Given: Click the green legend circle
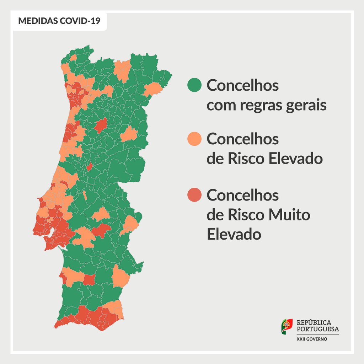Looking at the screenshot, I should tap(194, 85).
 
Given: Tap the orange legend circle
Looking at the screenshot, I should tap(194, 139).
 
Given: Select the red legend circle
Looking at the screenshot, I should tap(194, 195).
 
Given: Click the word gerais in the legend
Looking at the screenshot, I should tap(306, 106).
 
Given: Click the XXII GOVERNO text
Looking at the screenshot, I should tap(312, 339).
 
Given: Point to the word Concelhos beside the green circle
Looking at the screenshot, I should tap(242, 86).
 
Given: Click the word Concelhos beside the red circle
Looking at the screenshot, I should tap(242, 195).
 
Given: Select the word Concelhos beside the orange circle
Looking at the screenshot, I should tap(242, 139).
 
